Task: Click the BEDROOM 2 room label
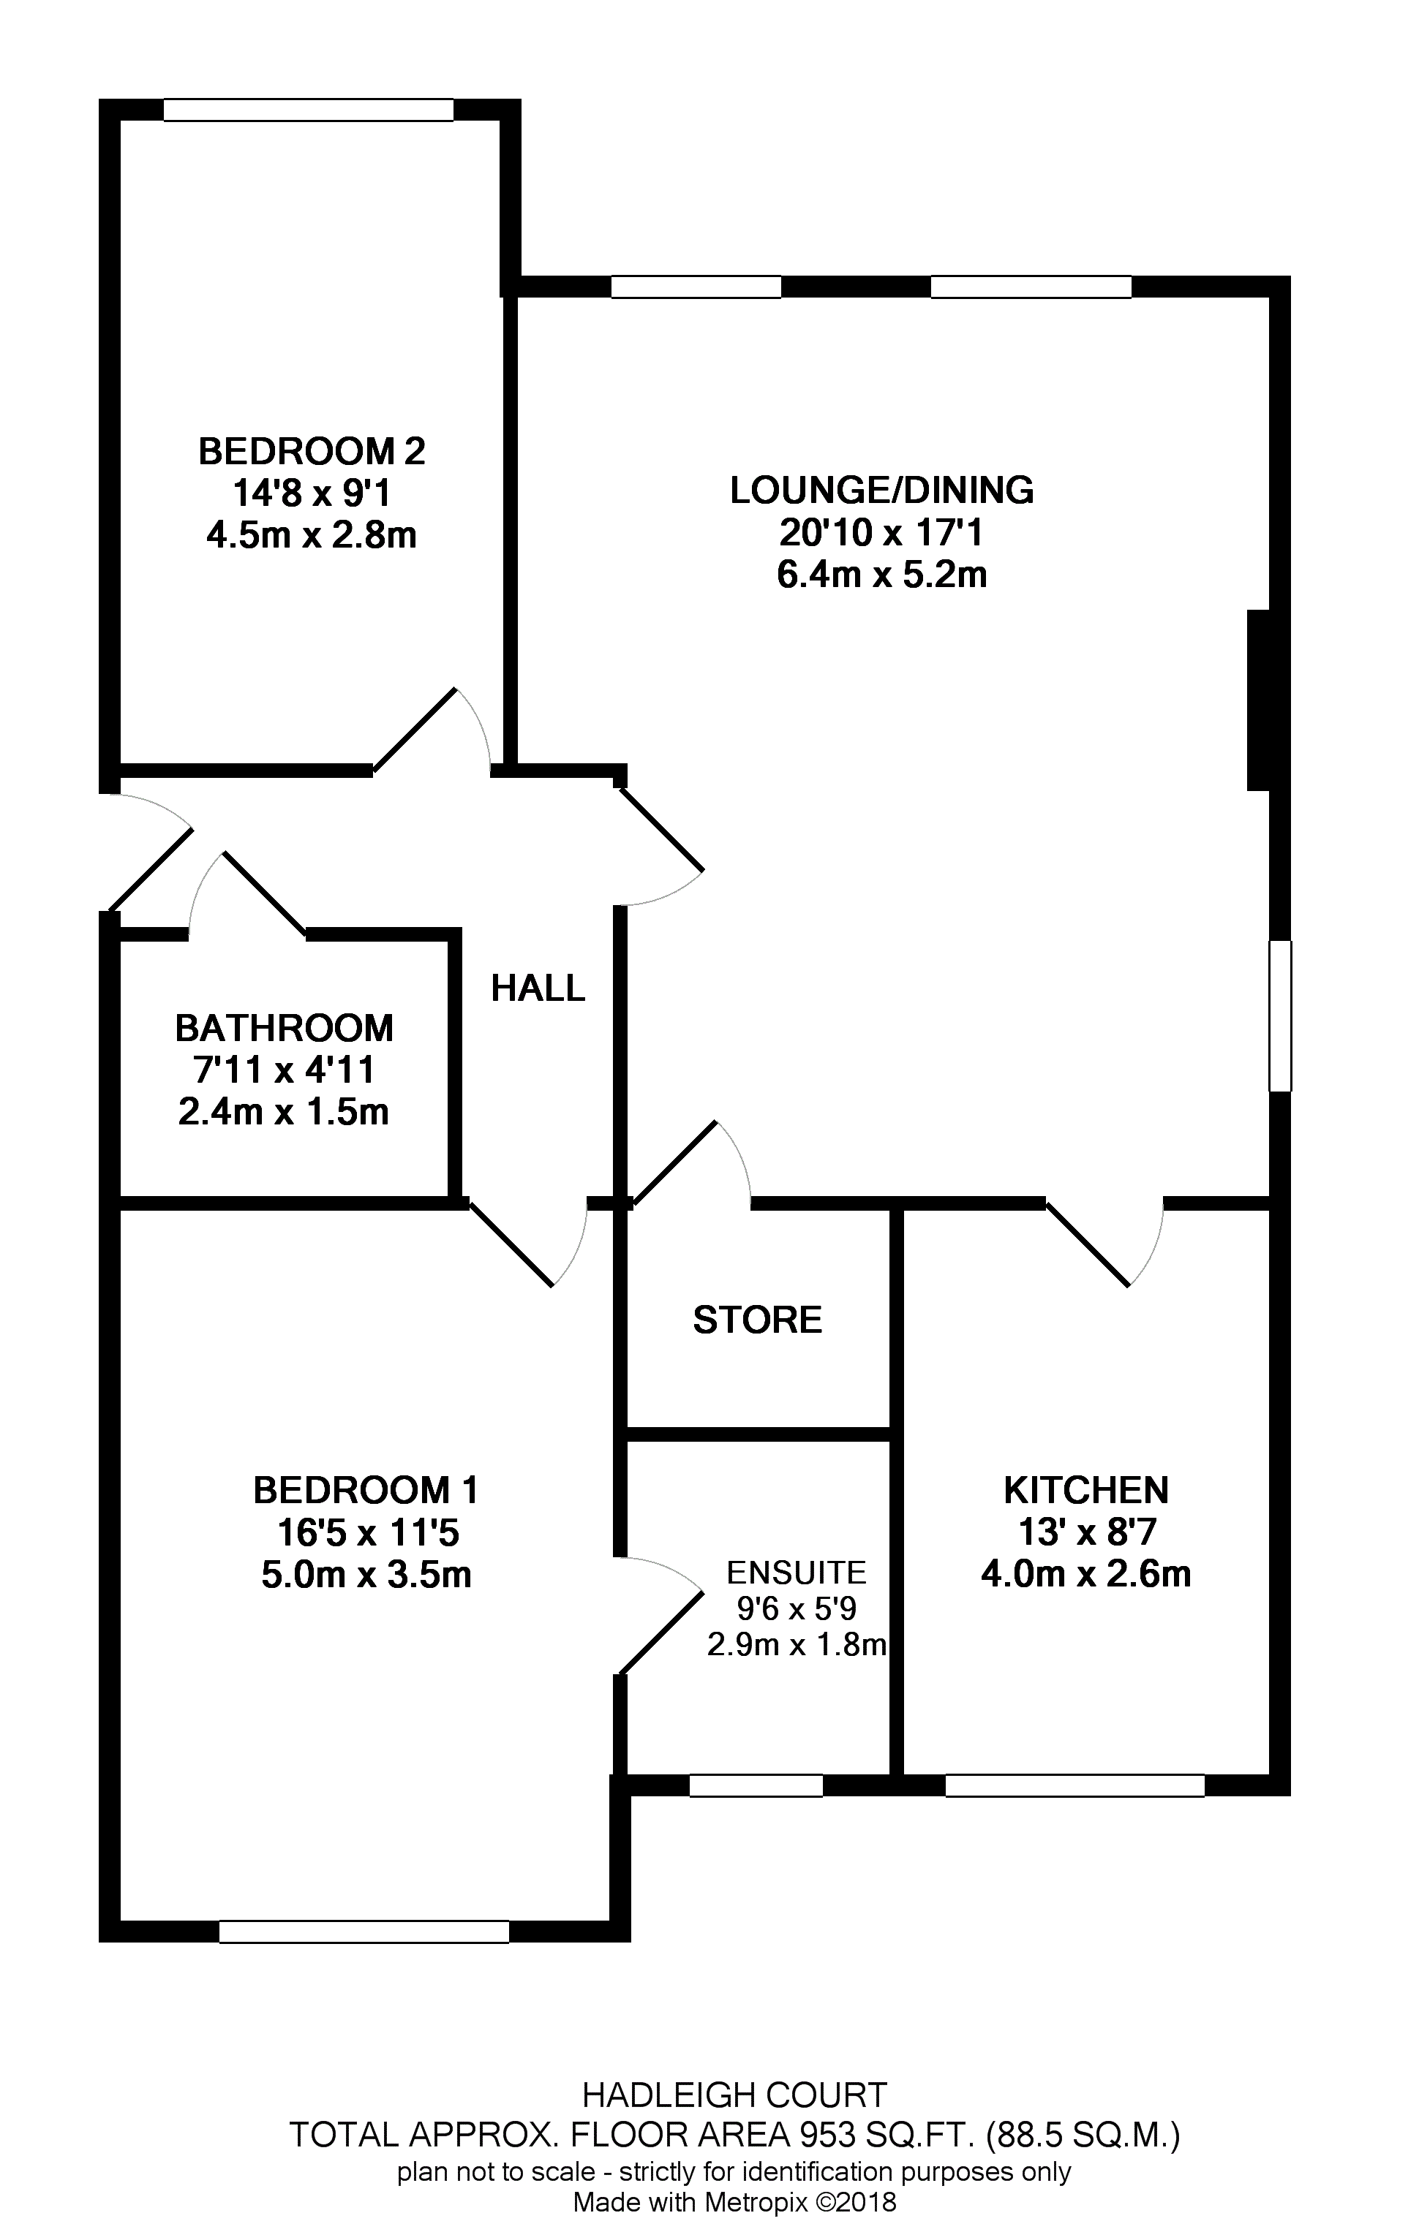pyautogui.click(x=312, y=452)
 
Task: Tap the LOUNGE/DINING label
pyautogui.click(x=882, y=491)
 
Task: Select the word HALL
pyautogui.click(x=538, y=988)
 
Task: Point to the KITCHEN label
pyautogui.click(x=1086, y=1491)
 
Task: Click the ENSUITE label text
pyautogui.click(x=797, y=1572)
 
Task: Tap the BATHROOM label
pyautogui.click(x=285, y=1028)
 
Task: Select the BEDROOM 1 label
pyautogui.click(x=366, y=1491)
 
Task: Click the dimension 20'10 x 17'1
pyautogui.click(x=882, y=533)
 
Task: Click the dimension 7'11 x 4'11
pyautogui.click(x=285, y=1070)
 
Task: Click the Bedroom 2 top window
pyautogui.click(x=309, y=110)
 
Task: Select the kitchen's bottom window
pyautogui.click(x=1075, y=1785)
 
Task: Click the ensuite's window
pyautogui.click(x=756, y=1785)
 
